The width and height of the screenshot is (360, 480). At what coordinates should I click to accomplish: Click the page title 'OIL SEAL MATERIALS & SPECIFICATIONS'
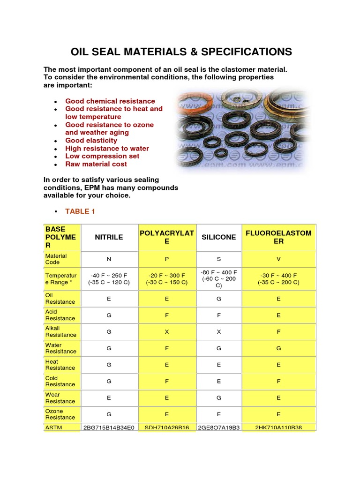(181, 52)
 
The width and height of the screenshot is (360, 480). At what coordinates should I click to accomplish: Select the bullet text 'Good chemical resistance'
(110, 101)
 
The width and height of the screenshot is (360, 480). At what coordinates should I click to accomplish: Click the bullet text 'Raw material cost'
(96, 164)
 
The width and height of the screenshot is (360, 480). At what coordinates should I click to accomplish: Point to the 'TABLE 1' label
(80, 211)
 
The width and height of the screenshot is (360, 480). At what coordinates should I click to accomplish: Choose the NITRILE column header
(109, 237)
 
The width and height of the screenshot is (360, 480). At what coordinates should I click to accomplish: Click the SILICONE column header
(218, 237)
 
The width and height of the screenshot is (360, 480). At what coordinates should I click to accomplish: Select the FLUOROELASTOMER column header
(278, 237)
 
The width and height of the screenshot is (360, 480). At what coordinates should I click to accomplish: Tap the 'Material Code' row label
(56, 259)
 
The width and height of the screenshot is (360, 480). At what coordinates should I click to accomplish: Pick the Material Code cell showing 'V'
(278, 259)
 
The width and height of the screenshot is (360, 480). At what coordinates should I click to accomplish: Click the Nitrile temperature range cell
(109, 279)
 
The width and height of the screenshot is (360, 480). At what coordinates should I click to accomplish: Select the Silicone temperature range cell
(218, 279)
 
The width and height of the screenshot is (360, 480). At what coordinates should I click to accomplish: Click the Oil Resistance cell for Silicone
(218, 299)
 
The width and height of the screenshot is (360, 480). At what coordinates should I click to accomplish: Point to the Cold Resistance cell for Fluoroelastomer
(278, 382)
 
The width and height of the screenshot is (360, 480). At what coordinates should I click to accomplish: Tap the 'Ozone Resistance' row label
(60, 414)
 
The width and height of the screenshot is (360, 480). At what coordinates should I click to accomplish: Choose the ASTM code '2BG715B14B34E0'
(109, 428)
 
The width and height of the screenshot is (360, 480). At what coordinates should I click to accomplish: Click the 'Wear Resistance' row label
(60, 398)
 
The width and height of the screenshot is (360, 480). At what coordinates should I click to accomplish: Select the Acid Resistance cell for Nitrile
(109, 315)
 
